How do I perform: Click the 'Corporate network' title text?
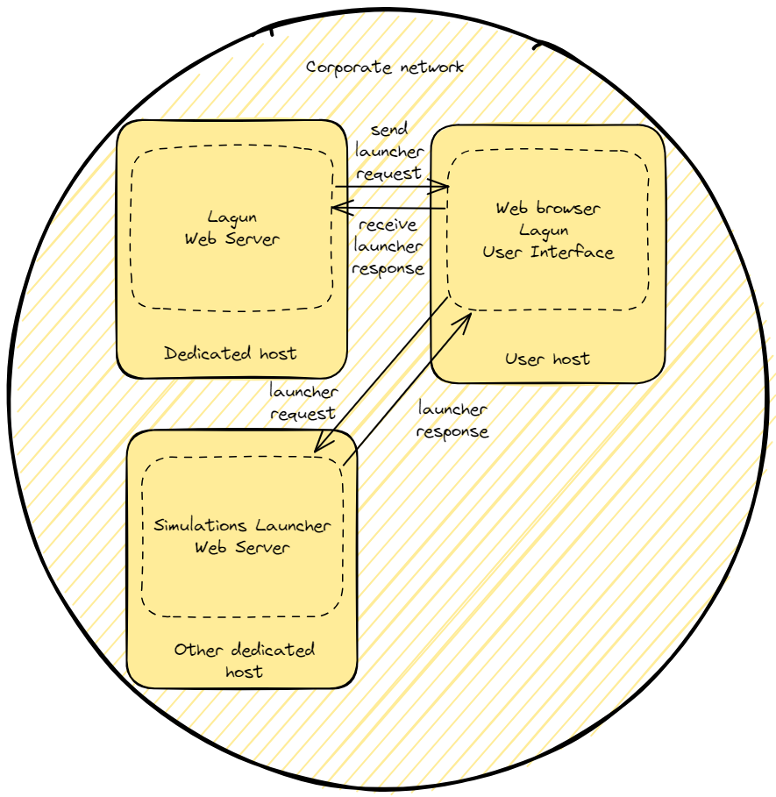tap(385, 68)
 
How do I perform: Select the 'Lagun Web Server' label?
tap(232, 228)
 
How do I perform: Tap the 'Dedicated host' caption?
tap(231, 353)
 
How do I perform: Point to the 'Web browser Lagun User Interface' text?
tap(548, 231)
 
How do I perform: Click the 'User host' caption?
tap(547, 359)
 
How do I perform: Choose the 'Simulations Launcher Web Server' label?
tap(242, 537)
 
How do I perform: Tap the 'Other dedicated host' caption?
tap(245, 660)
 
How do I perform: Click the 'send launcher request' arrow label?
tap(389, 152)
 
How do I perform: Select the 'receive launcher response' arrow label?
tap(388, 246)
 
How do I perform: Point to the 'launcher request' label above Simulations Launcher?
tap(303, 402)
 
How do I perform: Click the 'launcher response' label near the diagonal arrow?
tap(452, 420)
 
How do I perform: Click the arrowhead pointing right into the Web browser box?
tap(440, 187)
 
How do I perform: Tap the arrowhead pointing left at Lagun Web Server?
tap(342, 208)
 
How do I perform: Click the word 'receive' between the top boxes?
tap(388, 224)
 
